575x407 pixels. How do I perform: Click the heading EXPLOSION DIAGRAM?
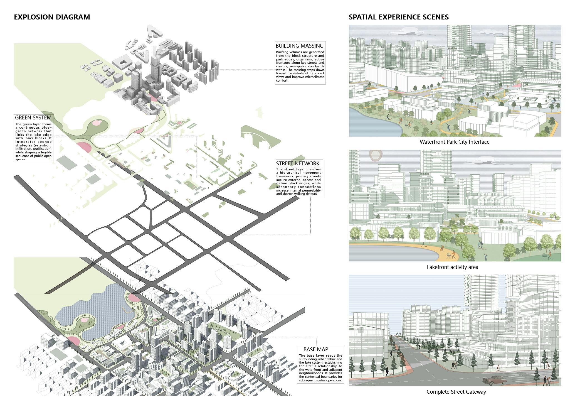click(52, 17)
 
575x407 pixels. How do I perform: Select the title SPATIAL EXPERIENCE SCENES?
click(398, 17)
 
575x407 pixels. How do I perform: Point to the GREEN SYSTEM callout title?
click(33, 117)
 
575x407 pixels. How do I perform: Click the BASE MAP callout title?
click(315, 349)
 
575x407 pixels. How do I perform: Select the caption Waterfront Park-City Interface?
click(454, 142)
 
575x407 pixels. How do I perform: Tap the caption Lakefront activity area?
click(452, 267)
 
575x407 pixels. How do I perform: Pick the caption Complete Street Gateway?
click(456, 392)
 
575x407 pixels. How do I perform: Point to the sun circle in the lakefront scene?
click(376, 155)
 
